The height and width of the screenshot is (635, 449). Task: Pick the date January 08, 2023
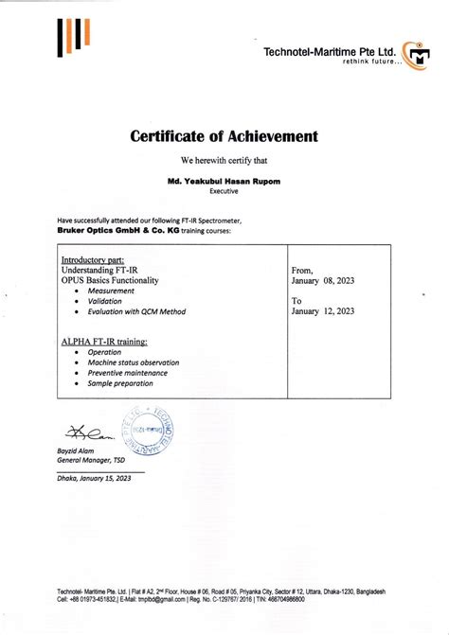[323, 281]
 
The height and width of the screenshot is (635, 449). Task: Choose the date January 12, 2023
[323, 309]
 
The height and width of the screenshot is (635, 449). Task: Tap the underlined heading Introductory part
[95, 259]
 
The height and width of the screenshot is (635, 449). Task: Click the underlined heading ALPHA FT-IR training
[104, 338]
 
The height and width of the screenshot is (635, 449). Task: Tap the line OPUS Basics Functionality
[109, 280]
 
